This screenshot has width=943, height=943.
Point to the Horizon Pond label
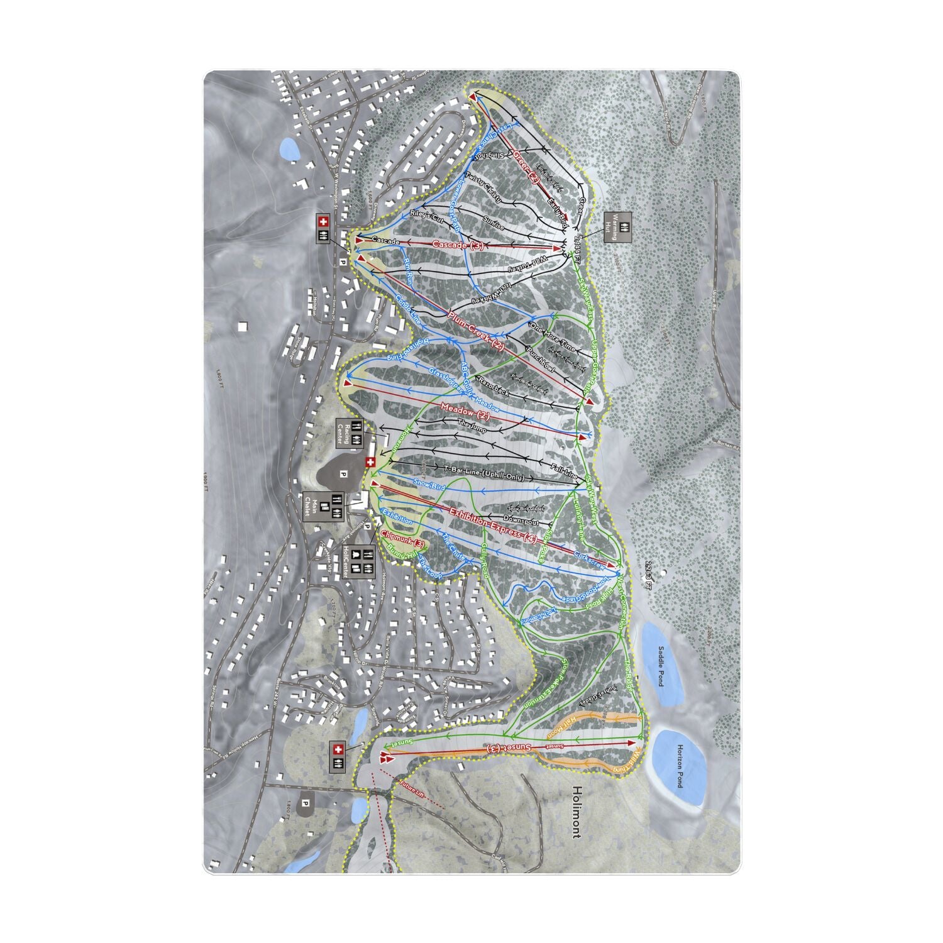[679, 766]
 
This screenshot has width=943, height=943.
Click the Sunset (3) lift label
[510, 748]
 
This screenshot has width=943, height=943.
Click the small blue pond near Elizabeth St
[289, 149]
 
